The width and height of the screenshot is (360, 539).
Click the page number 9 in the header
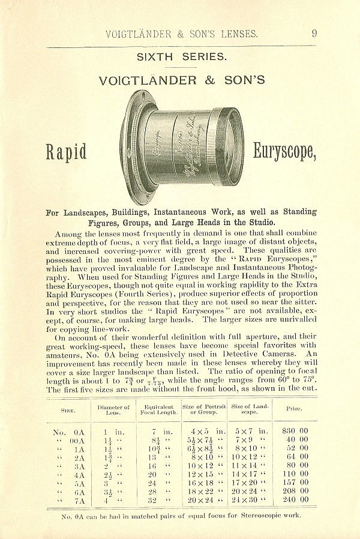(x=314, y=34)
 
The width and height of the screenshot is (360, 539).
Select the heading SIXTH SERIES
(x=182, y=58)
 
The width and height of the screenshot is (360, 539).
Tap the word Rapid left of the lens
(x=66, y=152)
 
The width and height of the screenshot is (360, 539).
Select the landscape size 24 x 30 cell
(x=249, y=499)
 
